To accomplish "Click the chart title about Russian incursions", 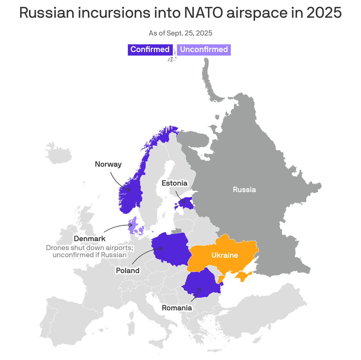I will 180,13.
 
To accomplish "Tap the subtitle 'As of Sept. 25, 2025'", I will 180,33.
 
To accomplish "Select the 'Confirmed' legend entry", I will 150,49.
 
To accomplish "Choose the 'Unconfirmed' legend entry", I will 204,49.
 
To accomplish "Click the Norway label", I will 108,164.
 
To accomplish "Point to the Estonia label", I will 175,183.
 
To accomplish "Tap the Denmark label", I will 90,239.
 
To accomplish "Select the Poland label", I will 128,270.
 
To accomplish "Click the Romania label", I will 177,308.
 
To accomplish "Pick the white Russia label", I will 244,190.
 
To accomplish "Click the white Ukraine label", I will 225,255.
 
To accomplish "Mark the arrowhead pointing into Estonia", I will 184,202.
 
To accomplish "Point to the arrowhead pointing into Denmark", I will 131,226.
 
